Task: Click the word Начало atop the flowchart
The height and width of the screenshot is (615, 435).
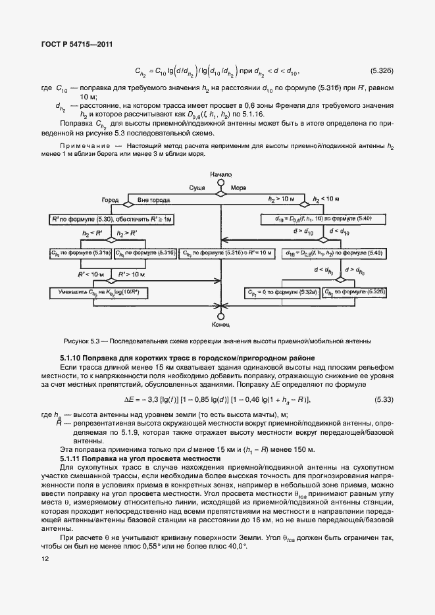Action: [x=220, y=174]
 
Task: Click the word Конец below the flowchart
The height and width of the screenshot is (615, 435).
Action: [x=220, y=324]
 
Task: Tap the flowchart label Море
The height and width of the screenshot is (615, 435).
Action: [x=238, y=187]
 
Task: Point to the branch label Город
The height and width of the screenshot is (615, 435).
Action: [x=110, y=199]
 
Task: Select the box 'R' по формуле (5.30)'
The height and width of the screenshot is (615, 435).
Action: [x=101, y=218]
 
